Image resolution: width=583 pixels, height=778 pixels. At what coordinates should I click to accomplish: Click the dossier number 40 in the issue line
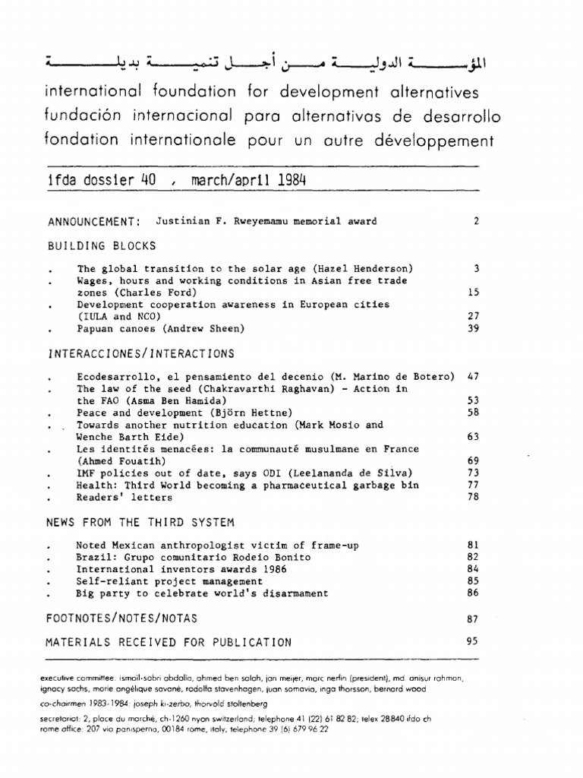[147, 181]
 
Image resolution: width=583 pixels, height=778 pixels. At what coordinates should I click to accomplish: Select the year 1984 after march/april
[291, 181]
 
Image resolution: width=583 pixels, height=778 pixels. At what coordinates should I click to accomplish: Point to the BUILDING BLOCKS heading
[102, 246]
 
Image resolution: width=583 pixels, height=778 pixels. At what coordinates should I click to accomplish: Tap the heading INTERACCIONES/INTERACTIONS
[140, 353]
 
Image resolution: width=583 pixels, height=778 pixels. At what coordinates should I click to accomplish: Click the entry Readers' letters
[124, 497]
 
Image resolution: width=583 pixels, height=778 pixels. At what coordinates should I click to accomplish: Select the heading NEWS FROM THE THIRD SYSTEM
[140, 522]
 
